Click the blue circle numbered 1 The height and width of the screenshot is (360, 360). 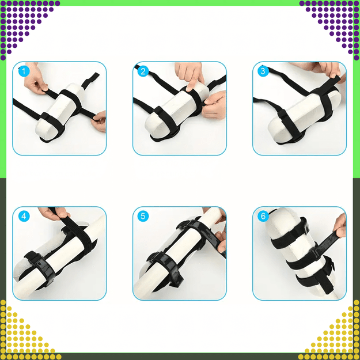pos(24,71)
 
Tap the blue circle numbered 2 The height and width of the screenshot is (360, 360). pos(143,71)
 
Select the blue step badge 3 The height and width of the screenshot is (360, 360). pos(263,71)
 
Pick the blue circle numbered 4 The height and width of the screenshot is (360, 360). pos(24,216)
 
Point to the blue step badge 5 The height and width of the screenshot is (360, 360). pos(143,216)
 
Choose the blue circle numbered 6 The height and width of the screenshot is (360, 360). pos(263,216)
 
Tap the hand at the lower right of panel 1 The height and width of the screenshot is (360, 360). pos(99,122)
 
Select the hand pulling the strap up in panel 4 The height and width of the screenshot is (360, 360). pos(53,213)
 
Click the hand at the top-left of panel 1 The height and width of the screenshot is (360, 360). pos(35,79)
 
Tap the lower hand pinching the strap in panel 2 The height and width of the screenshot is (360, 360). pos(214,105)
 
